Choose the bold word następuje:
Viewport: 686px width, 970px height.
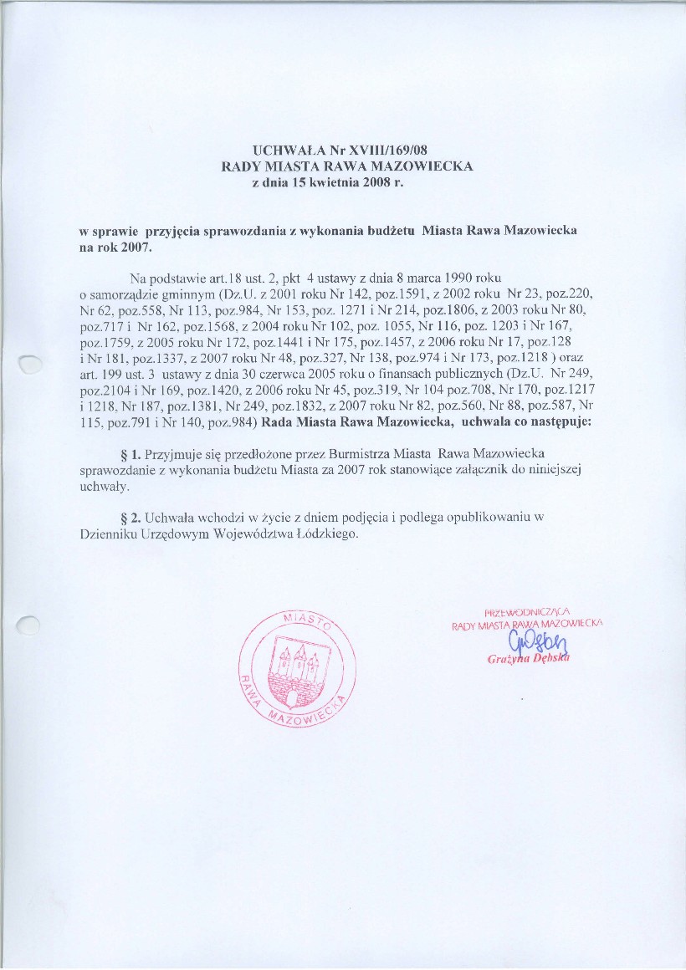pos(562,423)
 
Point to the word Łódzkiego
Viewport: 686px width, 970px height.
pos(330,535)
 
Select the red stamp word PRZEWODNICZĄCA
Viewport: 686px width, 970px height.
pos(528,610)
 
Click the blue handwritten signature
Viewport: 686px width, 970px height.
pos(530,642)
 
